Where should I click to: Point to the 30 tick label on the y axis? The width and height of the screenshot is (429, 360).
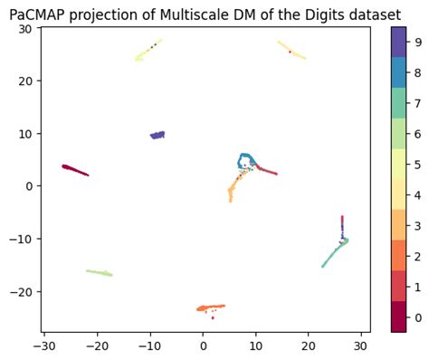click(x=24, y=29)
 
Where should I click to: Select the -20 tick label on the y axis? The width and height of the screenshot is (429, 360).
click(x=22, y=291)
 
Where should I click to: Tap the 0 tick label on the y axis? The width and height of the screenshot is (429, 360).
click(x=28, y=186)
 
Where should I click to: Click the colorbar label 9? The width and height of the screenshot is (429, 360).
click(x=415, y=42)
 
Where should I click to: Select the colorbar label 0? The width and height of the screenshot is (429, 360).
click(x=415, y=317)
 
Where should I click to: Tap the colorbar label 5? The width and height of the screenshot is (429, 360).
click(x=415, y=165)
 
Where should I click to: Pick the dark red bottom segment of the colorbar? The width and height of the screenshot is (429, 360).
click(x=398, y=317)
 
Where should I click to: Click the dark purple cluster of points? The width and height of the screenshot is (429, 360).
click(x=157, y=135)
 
